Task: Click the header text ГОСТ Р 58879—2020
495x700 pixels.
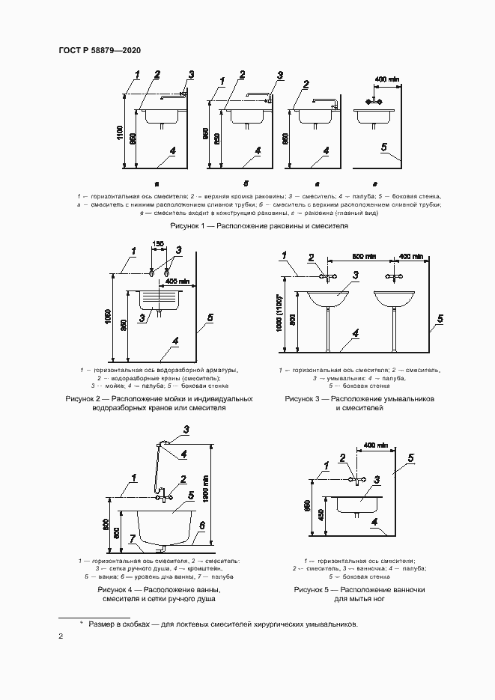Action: click(x=99, y=50)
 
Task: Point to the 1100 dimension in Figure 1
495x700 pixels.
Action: click(x=121, y=133)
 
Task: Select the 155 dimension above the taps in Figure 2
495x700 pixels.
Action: click(x=158, y=244)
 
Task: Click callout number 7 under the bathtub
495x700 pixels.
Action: click(x=132, y=538)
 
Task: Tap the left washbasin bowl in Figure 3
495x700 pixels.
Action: click(x=327, y=299)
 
